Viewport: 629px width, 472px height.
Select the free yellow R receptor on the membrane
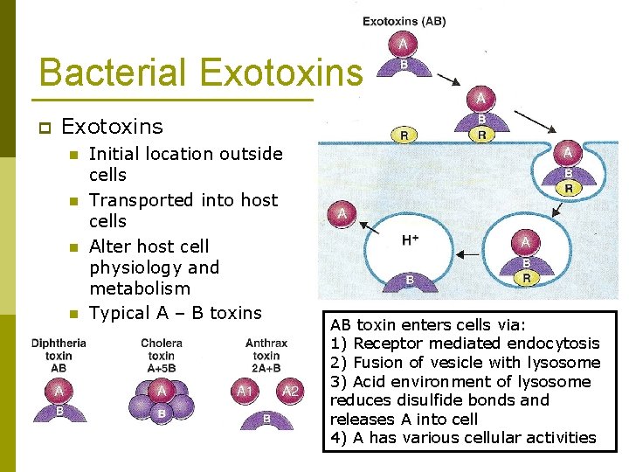tap(404, 135)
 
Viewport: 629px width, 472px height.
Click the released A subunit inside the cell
tap(342, 212)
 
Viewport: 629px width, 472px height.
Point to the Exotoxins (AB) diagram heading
tap(404, 21)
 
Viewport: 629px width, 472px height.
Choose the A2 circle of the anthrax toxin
tap(290, 391)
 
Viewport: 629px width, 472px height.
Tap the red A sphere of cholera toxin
tap(161, 391)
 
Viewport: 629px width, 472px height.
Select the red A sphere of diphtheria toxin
tap(59, 391)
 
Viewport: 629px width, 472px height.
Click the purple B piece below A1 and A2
tap(266, 420)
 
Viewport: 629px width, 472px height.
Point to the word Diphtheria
tap(59, 344)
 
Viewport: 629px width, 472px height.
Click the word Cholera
tap(162, 344)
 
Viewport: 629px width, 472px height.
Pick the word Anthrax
tap(266, 344)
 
